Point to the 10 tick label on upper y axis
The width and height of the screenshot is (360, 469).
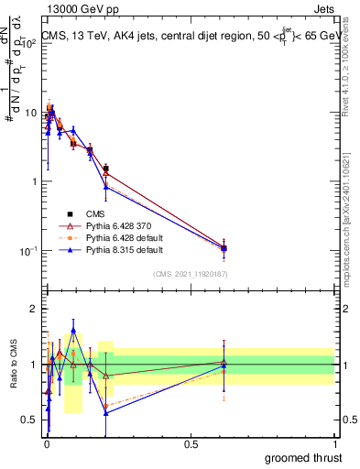click(30, 113)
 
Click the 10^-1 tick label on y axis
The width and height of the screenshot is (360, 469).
click(28, 251)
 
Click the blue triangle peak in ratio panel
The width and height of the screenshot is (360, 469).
click(73, 330)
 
